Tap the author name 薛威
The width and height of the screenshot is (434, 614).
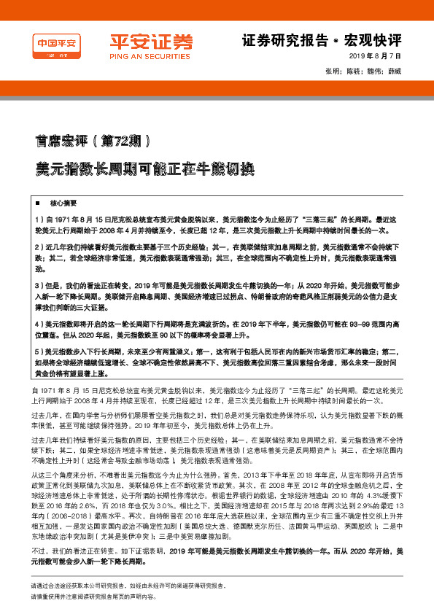pyautogui.click(x=395, y=71)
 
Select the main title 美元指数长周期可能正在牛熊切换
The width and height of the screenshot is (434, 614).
pyautogui.click(x=136, y=168)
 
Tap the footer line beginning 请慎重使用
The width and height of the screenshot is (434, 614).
pyautogui.click(x=120, y=596)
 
